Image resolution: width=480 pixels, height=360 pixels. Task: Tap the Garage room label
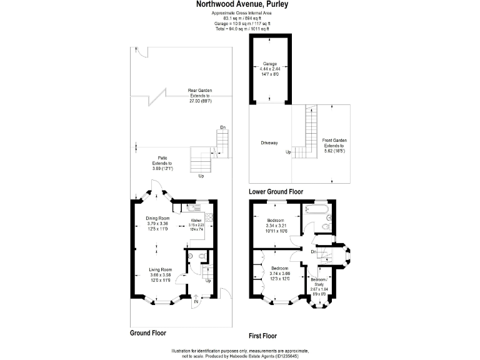(x=269, y=64)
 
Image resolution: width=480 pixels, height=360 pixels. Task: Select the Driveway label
(x=269, y=143)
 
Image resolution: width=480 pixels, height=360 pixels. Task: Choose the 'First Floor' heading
(x=267, y=334)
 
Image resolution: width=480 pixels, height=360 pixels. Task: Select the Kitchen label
(x=196, y=221)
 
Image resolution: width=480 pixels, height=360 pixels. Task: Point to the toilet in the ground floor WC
(x=202, y=256)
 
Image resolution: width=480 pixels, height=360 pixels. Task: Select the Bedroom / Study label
(x=319, y=281)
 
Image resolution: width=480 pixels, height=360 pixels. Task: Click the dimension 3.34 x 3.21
(x=275, y=226)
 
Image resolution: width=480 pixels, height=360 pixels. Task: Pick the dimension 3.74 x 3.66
(x=275, y=273)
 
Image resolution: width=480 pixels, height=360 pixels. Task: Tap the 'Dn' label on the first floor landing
(x=312, y=251)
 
